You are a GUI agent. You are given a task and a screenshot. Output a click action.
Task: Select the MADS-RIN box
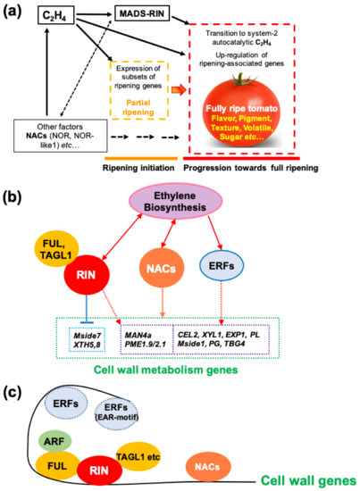click(142, 13)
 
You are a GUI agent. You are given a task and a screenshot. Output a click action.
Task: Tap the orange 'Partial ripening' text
click(138, 107)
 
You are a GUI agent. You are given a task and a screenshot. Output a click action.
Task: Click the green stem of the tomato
click(241, 79)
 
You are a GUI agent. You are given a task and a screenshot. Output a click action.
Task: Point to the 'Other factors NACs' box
click(61, 137)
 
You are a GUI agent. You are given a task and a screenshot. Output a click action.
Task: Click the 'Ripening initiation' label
click(138, 168)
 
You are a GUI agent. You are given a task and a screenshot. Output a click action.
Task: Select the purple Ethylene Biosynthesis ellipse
click(176, 202)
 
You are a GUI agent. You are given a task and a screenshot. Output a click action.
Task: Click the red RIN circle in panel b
click(87, 275)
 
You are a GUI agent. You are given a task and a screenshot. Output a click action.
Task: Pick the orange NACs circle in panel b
click(162, 268)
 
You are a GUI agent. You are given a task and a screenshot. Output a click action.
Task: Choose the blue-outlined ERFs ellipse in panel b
click(222, 266)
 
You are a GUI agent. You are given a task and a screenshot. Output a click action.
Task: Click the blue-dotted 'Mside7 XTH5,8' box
click(88, 340)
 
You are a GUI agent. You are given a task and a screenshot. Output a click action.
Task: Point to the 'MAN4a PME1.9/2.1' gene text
click(146, 339)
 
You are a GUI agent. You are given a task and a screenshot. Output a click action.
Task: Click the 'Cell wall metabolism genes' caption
click(166, 370)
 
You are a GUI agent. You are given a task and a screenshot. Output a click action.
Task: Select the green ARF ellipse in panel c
click(54, 442)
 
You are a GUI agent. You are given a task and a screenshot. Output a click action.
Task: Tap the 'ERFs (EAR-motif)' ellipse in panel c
click(116, 412)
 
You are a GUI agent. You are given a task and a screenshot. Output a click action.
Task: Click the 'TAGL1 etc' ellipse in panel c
click(138, 456)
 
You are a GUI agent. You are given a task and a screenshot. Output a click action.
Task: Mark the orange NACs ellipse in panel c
click(207, 467)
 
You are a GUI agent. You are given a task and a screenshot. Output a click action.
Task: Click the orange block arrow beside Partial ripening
click(179, 90)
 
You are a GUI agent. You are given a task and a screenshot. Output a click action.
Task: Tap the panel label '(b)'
click(13, 199)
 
